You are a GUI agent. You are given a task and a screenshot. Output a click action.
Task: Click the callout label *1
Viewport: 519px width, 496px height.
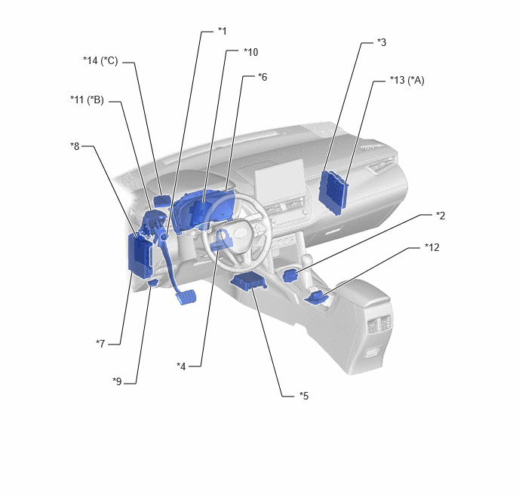click(x=222, y=31)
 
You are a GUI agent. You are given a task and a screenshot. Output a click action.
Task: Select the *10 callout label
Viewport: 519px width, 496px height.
click(x=250, y=52)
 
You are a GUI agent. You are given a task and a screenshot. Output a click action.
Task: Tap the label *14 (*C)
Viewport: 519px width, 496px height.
click(x=100, y=61)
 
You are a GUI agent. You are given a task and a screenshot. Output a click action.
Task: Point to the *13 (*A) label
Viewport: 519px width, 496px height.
click(x=407, y=81)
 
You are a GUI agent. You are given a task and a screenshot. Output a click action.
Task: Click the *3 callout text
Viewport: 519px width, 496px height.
click(x=381, y=43)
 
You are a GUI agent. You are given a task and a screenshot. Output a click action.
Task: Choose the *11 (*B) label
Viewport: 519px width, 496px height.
click(x=87, y=100)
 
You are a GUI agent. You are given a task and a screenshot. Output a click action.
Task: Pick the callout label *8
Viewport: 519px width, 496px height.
click(x=75, y=146)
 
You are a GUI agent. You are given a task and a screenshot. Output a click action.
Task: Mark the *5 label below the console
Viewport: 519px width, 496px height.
click(x=304, y=396)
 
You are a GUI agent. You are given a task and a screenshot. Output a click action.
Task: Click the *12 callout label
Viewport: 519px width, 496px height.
click(x=432, y=247)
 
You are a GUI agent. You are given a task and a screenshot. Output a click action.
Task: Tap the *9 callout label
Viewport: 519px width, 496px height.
click(x=117, y=381)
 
